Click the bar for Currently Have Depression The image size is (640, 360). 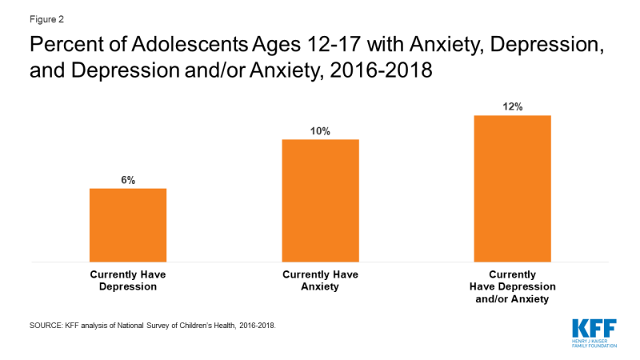[128, 225]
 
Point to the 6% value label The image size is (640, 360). [128, 181]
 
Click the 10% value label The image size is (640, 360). [320, 131]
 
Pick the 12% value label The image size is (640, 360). [512, 107]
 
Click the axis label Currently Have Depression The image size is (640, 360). [128, 280]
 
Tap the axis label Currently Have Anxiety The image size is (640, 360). [320, 280]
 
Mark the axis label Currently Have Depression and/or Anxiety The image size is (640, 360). [512, 286]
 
